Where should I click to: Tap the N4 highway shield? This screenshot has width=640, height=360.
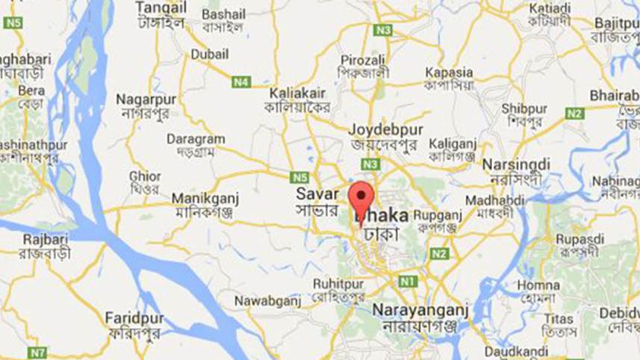(x=240, y=82)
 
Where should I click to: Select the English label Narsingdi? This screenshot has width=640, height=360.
(x=516, y=164)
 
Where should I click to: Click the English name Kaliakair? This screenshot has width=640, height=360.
(x=297, y=94)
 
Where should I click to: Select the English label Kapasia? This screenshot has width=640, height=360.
(x=449, y=72)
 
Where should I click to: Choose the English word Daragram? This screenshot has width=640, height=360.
(x=196, y=139)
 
